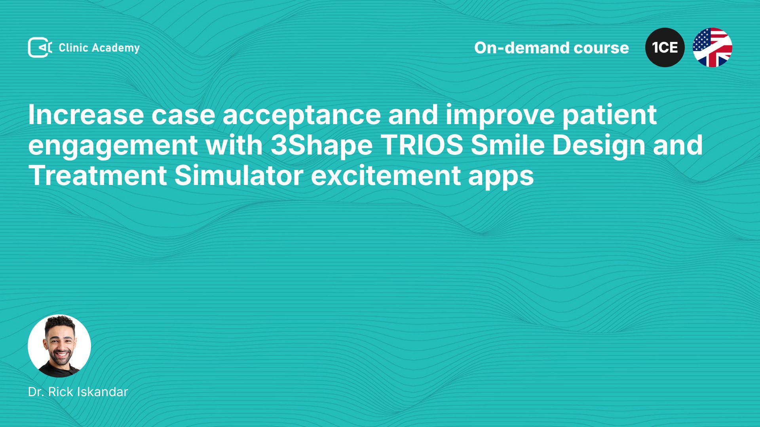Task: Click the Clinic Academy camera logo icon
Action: (x=40, y=47)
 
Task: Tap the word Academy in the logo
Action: (x=116, y=48)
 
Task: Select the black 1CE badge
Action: (x=665, y=47)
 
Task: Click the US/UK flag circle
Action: (x=712, y=47)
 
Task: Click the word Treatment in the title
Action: (x=97, y=176)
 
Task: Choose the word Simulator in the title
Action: (x=239, y=176)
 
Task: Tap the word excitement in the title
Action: (x=386, y=176)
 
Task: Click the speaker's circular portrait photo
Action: (x=59, y=346)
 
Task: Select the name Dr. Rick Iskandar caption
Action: (x=78, y=392)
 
